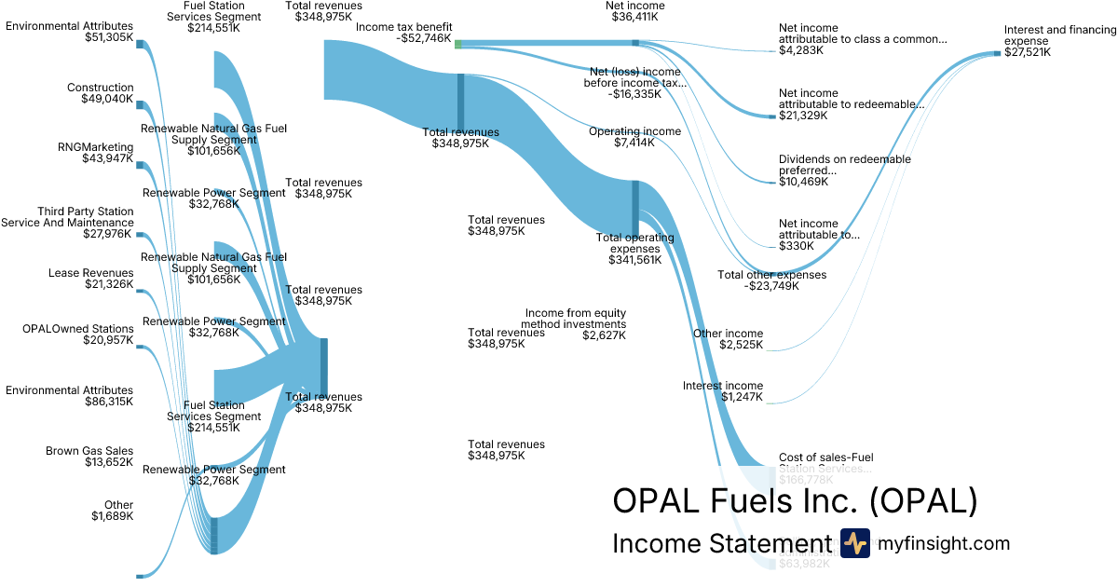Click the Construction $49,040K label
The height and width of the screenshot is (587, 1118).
[100, 93]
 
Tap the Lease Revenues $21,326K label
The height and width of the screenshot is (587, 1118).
[90, 279]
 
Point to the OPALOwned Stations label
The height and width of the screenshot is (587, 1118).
[77, 334]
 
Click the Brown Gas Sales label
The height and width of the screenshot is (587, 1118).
[89, 457]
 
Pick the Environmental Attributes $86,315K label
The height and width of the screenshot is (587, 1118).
[69, 396]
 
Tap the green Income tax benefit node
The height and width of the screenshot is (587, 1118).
[457, 43]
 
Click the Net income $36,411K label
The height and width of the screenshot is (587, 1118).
[635, 11]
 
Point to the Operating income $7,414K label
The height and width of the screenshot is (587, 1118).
[634, 137]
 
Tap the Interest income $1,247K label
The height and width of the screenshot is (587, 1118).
[723, 391]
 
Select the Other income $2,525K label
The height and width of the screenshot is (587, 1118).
[728, 339]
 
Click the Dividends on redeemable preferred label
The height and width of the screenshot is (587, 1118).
[844, 171]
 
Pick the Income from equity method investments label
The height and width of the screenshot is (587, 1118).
[575, 324]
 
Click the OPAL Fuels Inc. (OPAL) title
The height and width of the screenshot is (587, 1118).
[795, 501]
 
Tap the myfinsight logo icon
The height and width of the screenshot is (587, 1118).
[854, 543]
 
